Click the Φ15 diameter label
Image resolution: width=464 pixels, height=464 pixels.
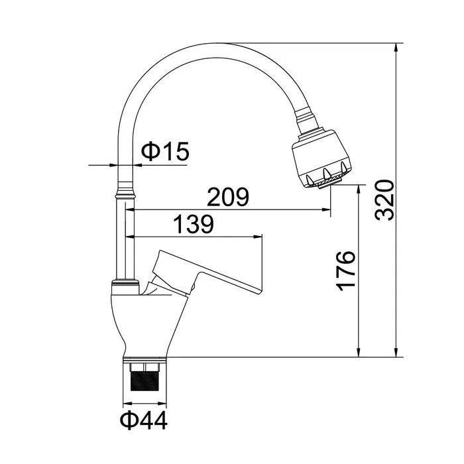point(165,151)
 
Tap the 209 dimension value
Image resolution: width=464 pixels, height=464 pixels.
point(228,197)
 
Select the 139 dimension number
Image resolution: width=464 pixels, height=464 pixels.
point(193,224)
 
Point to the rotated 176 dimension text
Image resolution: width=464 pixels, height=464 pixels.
point(345,271)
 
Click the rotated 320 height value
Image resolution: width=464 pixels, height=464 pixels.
point(384,200)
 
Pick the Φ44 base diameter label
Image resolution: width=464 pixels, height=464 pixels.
point(144,421)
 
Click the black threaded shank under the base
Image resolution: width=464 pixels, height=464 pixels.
point(145,381)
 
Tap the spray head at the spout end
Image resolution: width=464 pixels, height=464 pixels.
point(321,159)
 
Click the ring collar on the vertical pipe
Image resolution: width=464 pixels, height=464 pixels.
point(126,195)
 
